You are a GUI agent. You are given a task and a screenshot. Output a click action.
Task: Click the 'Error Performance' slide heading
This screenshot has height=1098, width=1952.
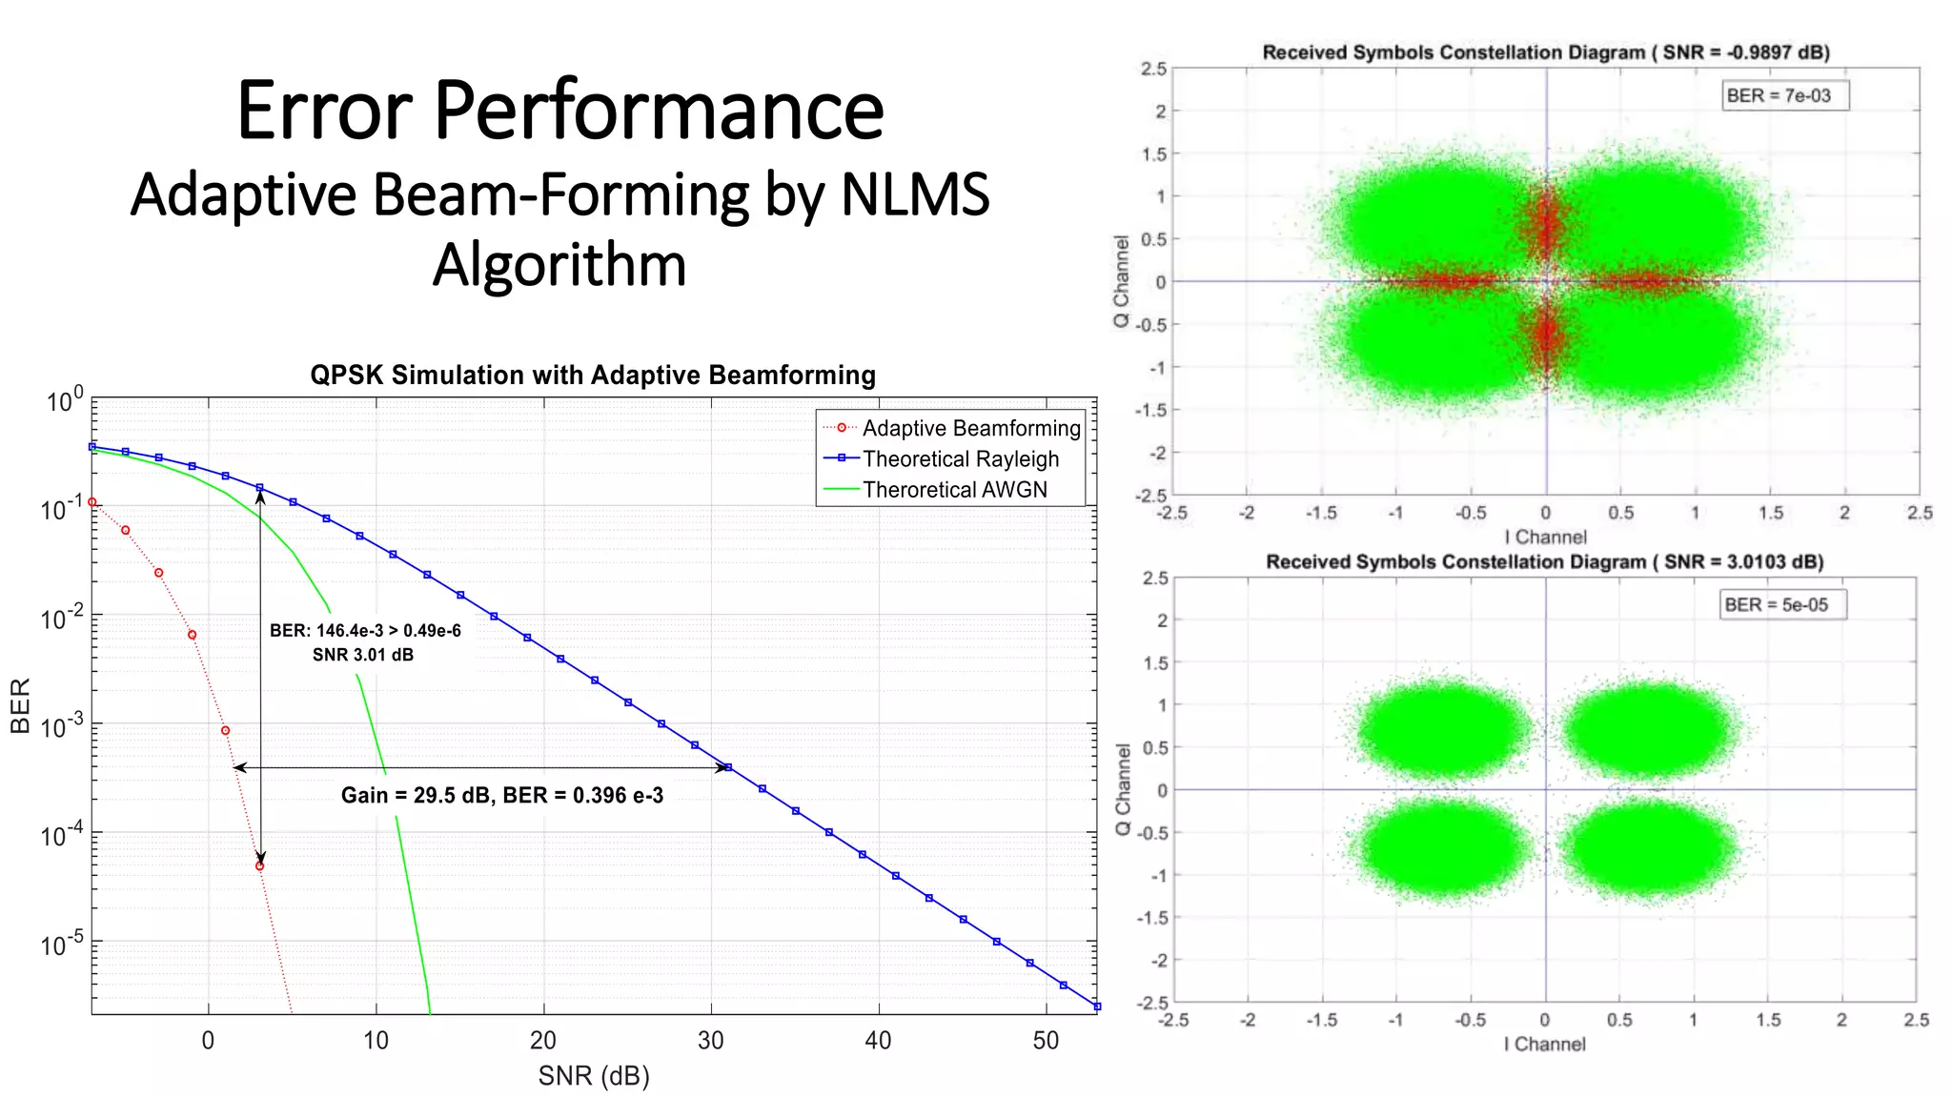pos(560,111)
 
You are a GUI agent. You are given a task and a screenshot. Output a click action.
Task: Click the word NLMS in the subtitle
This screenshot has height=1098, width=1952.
pos(914,194)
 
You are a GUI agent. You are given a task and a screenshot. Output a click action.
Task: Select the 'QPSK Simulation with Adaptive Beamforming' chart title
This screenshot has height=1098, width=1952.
pos(592,376)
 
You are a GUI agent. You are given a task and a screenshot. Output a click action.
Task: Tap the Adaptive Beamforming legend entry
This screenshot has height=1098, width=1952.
pos(970,428)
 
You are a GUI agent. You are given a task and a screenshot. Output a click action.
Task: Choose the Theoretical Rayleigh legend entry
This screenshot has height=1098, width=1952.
pos(960,458)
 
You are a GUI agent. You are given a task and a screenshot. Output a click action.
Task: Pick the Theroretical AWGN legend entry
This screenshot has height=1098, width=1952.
pos(954,489)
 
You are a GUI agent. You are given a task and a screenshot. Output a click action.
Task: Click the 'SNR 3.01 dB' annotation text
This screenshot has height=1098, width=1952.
pos(363,655)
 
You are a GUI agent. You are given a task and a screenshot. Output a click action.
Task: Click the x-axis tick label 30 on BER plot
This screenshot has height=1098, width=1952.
pos(710,1040)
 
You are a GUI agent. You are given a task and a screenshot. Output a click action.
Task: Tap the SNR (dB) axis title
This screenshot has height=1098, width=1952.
pos(593,1076)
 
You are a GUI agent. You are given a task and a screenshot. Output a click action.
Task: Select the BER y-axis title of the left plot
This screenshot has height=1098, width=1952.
pos(20,705)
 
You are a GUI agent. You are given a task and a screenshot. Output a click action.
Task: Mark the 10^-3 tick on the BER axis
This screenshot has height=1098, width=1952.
pos(62,726)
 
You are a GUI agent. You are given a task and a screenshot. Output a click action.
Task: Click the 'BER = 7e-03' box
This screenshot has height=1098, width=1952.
pos(1778,95)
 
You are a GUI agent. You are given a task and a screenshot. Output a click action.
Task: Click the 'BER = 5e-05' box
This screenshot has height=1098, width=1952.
pos(1776,604)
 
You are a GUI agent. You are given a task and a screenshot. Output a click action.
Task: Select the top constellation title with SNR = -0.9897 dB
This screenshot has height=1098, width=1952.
pos(1545,52)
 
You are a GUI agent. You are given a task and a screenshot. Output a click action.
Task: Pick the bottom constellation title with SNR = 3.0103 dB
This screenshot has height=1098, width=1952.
pos(1544,561)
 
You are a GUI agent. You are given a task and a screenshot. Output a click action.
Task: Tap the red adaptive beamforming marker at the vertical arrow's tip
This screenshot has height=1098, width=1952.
pos(259,865)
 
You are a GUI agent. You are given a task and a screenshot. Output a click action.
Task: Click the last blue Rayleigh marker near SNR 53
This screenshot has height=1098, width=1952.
pos(1096,1006)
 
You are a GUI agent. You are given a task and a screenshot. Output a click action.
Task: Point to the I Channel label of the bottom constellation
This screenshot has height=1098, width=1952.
pos(1544,1044)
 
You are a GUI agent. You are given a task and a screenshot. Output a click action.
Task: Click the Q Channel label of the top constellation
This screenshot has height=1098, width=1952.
pos(1122,281)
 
